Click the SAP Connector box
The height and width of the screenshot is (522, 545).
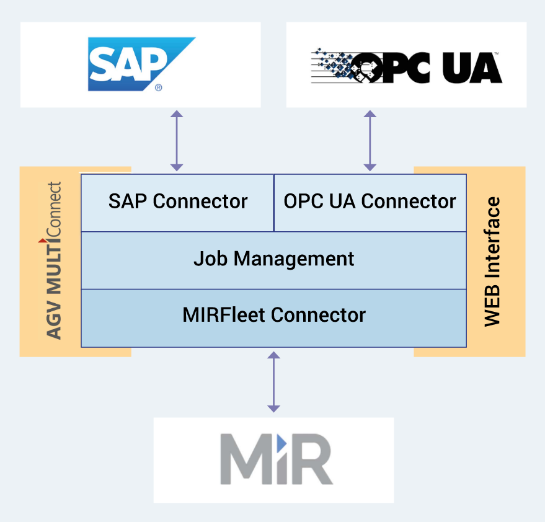pyautogui.click(x=177, y=202)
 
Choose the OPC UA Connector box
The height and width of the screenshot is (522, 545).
pyautogui.click(x=370, y=202)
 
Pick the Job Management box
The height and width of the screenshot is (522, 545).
pyautogui.click(x=273, y=259)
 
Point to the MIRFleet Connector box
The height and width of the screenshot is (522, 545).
pyautogui.click(x=273, y=316)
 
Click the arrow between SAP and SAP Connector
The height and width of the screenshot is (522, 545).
pyautogui.click(x=177, y=141)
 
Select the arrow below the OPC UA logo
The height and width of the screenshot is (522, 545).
pyautogui.click(x=370, y=141)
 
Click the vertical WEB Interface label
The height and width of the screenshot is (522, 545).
pyautogui.click(x=492, y=262)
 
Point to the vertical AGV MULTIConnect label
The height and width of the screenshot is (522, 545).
pyautogui.click(x=55, y=260)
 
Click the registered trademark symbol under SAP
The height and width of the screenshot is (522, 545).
pyautogui.click(x=159, y=88)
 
